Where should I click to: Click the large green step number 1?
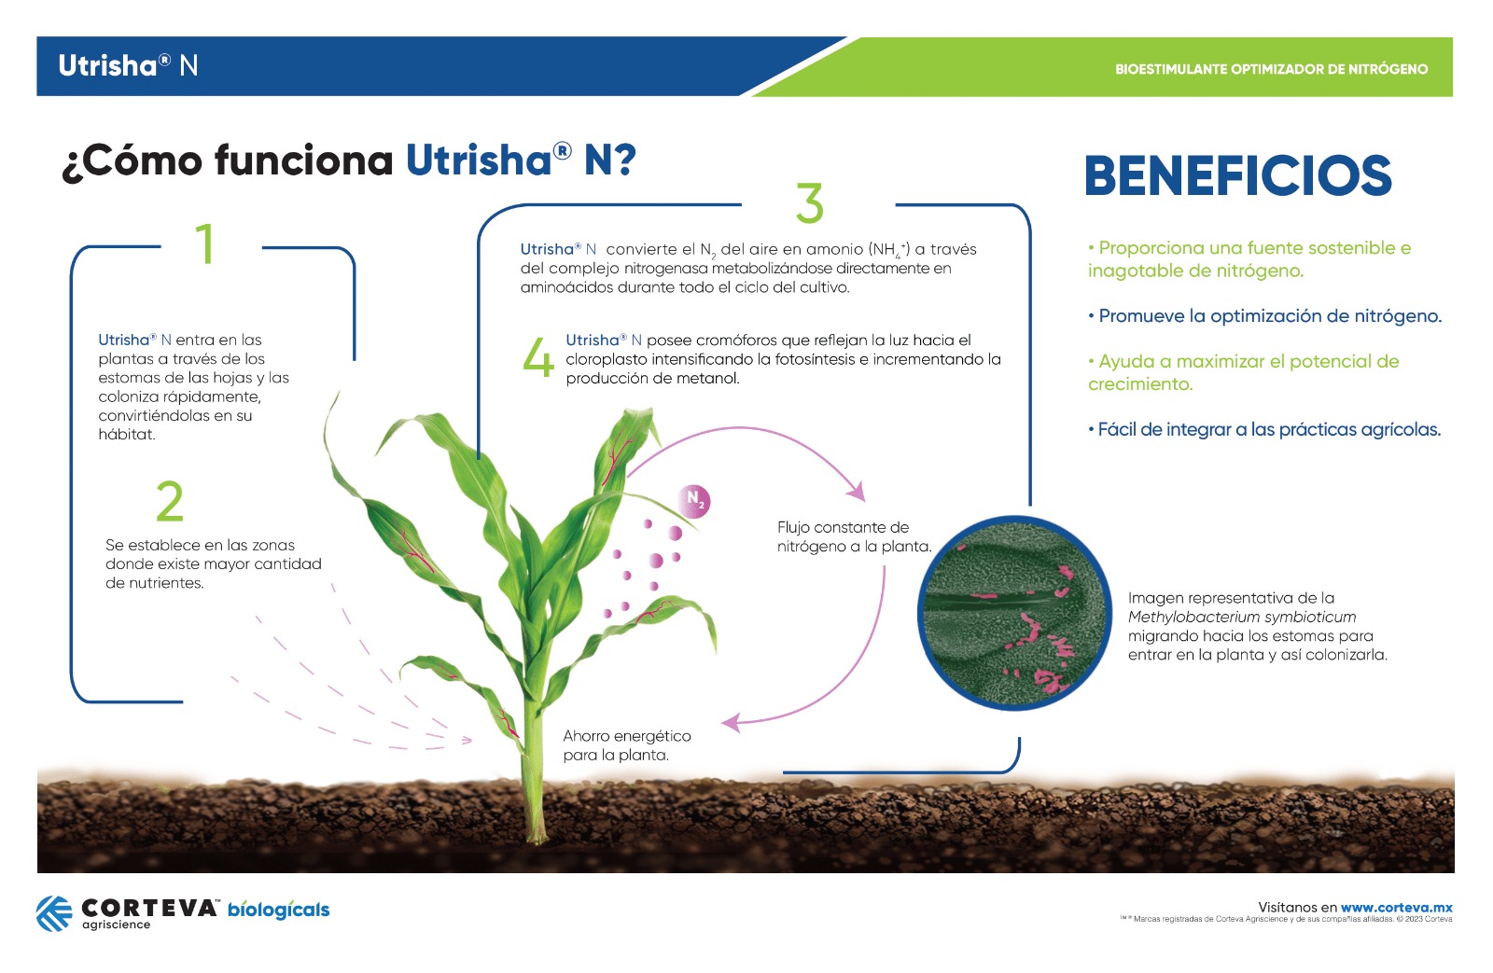(x=205, y=244)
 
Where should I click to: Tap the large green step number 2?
(x=169, y=501)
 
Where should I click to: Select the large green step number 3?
(x=810, y=202)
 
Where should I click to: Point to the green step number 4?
(x=538, y=357)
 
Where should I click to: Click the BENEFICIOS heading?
(x=1237, y=176)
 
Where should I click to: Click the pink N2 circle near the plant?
(x=694, y=501)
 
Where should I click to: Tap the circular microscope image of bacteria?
(x=1013, y=613)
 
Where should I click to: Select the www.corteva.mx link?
(x=1396, y=907)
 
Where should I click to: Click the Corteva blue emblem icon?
(x=54, y=913)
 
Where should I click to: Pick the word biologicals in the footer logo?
(x=279, y=910)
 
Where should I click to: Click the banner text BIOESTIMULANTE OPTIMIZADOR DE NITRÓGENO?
(x=1271, y=69)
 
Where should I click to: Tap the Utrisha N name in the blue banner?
(x=128, y=66)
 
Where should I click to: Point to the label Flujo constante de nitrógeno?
(x=854, y=536)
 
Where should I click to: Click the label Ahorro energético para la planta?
(x=626, y=745)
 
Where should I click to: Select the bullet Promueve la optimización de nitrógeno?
(x=1264, y=316)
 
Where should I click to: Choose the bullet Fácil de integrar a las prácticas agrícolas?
(x=1263, y=429)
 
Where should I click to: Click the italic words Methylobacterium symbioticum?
(x=1242, y=618)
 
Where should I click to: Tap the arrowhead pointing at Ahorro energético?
(x=731, y=722)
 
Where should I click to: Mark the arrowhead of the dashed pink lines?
(x=467, y=740)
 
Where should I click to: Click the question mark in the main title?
(x=624, y=160)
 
